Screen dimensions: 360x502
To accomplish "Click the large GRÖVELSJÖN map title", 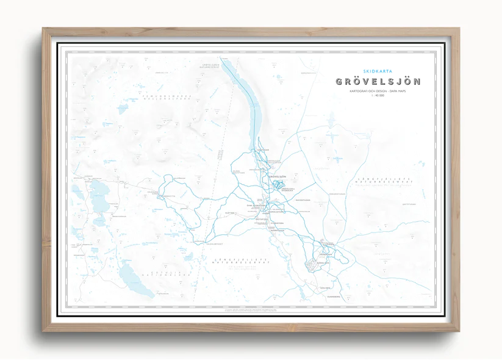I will [378, 82].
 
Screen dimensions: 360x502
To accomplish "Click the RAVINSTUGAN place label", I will [303, 200].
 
